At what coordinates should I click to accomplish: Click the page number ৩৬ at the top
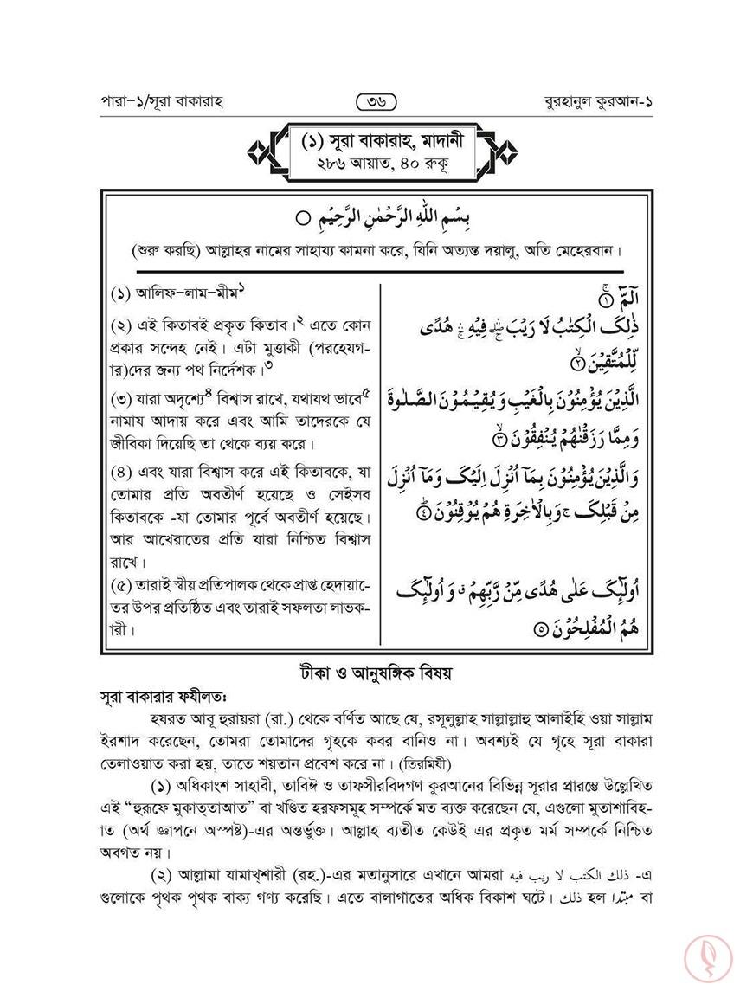point(376,102)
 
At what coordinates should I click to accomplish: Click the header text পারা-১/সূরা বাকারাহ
point(163,102)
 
